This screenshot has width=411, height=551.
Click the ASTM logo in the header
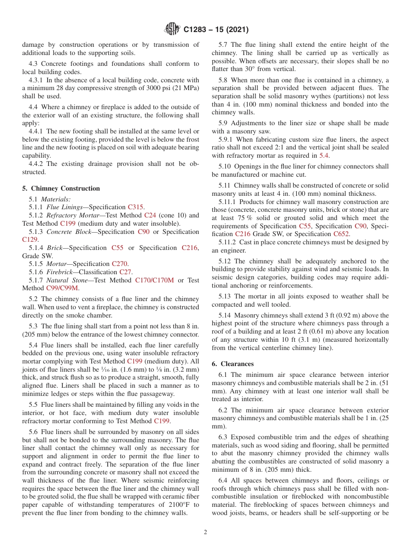click(173, 30)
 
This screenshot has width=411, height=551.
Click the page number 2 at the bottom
click(205, 532)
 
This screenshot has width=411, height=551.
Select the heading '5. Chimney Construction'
click(61, 188)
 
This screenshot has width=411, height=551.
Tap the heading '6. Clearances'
click(233, 364)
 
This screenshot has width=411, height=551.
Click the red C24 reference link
click(150, 215)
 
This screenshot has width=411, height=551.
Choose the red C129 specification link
click(30, 240)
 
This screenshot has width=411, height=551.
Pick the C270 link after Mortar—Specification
click(120, 264)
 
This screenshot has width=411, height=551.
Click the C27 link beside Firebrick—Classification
click(125, 272)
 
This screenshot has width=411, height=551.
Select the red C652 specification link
click(341, 234)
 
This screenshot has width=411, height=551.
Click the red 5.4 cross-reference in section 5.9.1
click(324, 156)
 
